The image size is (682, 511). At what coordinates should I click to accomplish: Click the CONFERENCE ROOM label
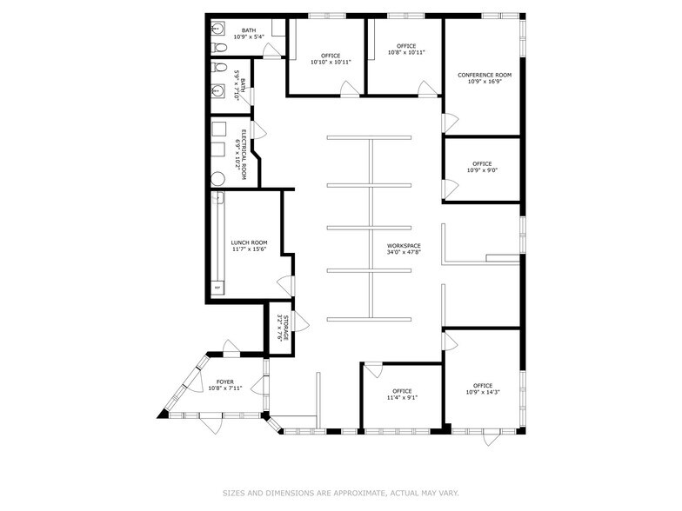485,75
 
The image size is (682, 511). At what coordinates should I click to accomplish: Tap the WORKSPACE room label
405,246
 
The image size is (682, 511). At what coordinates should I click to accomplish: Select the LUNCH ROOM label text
249,242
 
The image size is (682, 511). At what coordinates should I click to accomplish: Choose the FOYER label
224,381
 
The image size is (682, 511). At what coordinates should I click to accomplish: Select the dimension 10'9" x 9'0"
482,170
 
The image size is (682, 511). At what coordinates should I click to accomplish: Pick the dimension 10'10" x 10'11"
331,62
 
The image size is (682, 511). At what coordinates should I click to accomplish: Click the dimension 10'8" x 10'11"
406,53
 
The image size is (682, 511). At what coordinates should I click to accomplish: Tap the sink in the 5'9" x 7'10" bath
218,90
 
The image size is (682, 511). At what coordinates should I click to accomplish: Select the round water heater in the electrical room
218,178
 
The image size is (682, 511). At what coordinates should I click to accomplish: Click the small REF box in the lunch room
216,288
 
